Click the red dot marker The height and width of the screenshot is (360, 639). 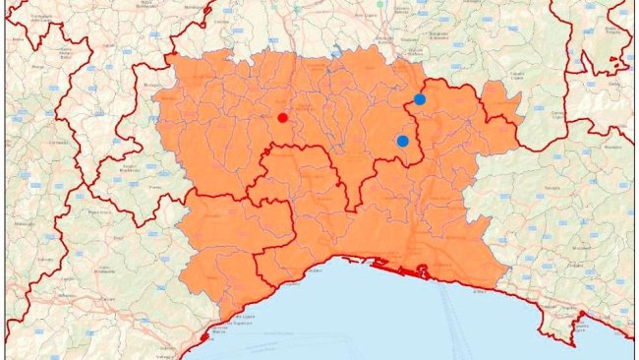point(282,118)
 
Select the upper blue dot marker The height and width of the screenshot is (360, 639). point(420,98)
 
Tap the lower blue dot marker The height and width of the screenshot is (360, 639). point(402,142)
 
